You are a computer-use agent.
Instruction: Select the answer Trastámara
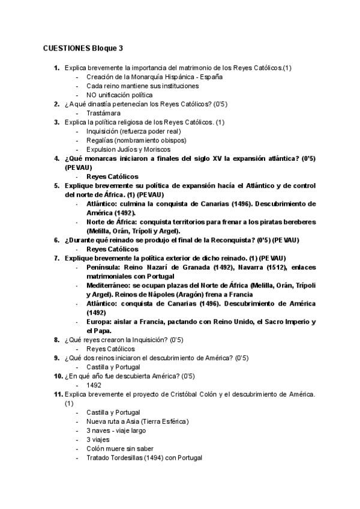pos(103,113)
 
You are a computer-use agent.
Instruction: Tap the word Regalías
pos(101,140)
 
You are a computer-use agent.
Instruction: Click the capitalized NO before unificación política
pos(92,95)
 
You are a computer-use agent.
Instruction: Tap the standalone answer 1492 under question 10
pos(94,385)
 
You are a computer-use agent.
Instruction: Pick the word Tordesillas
pos(120,458)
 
